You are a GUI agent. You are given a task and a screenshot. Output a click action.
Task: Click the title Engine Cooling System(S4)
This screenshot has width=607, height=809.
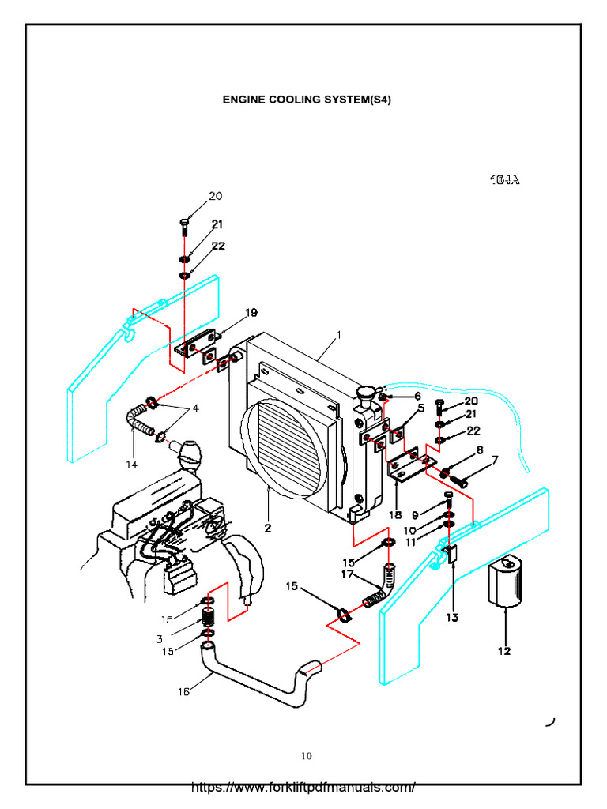point(307,100)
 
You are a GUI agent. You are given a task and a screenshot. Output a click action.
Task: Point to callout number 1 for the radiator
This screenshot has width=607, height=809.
point(338,334)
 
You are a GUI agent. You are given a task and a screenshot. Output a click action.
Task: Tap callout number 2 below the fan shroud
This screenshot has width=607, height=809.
point(269,529)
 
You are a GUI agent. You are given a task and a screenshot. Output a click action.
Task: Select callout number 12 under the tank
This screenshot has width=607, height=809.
point(504,651)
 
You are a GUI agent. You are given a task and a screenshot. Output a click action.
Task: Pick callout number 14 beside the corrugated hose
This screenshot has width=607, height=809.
point(131,465)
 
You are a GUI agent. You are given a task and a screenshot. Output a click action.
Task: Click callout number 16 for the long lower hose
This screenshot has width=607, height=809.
point(183,692)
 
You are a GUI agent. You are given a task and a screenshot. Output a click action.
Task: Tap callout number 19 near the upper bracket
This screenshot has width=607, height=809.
point(251,313)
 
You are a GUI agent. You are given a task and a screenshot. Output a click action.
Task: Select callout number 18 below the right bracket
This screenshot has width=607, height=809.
point(396,514)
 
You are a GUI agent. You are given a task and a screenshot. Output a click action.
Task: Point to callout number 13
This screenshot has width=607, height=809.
point(451,617)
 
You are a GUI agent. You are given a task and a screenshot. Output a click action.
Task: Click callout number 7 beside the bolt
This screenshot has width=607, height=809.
point(495,460)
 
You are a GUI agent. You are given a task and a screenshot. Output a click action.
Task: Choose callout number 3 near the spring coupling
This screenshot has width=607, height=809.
point(160,638)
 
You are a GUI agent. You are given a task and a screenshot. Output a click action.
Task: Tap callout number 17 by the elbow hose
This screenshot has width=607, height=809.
point(346,574)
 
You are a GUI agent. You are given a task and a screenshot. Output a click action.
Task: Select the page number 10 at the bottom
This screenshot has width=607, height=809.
point(306,756)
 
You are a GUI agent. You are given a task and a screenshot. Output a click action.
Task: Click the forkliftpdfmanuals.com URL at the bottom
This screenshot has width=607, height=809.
point(303,788)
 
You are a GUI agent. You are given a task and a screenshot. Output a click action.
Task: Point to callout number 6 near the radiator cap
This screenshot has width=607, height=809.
point(416,396)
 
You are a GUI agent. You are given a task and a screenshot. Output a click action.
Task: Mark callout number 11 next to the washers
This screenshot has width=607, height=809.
point(410,543)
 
